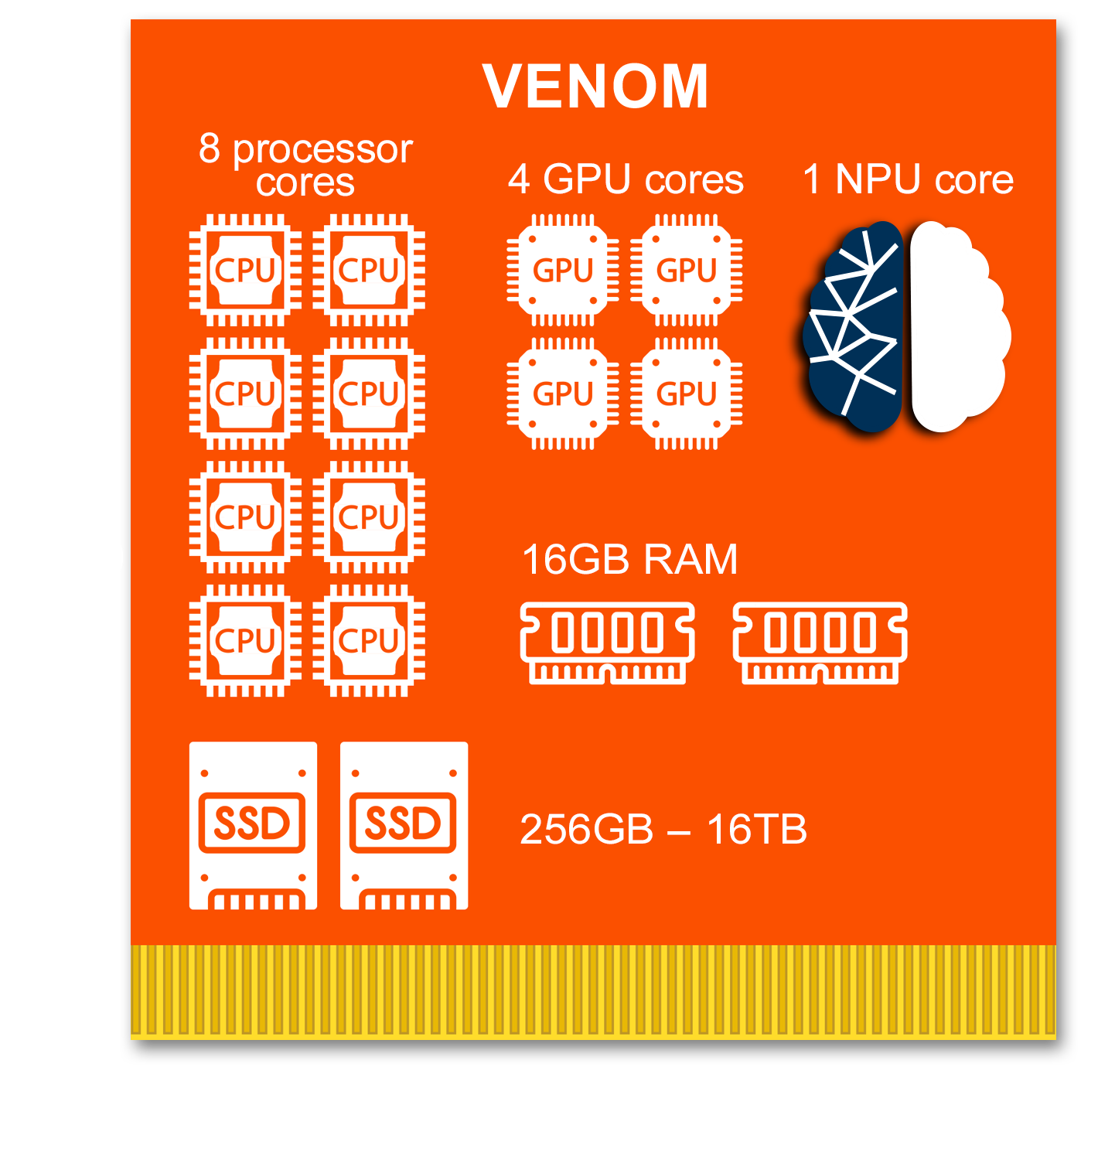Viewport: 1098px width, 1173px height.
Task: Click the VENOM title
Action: pos(595,86)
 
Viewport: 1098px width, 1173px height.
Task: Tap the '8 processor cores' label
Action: pos(305,165)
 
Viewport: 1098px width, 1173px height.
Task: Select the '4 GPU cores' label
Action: pos(626,179)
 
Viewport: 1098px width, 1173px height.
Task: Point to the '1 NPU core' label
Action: pos(908,179)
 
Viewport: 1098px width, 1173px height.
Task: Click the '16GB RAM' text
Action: pos(629,559)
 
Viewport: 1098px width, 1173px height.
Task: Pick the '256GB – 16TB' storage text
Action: pos(663,830)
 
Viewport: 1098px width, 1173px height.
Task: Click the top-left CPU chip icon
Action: pos(245,270)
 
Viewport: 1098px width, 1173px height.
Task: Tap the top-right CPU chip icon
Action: pos(369,270)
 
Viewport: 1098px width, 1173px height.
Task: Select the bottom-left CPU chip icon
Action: pos(245,640)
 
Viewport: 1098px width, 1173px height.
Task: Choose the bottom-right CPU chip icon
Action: pos(369,640)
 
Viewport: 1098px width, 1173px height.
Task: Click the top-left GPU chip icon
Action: pos(563,270)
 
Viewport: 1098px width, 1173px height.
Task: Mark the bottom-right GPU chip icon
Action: pos(687,394)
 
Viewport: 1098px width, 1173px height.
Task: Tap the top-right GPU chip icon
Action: pos(687,270)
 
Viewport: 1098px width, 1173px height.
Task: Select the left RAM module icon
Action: pos(608,643)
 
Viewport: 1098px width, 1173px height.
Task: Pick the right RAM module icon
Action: pos(820,643)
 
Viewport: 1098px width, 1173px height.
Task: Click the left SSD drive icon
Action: pos(253,825)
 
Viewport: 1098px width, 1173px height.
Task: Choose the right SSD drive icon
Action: pos(404,825)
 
